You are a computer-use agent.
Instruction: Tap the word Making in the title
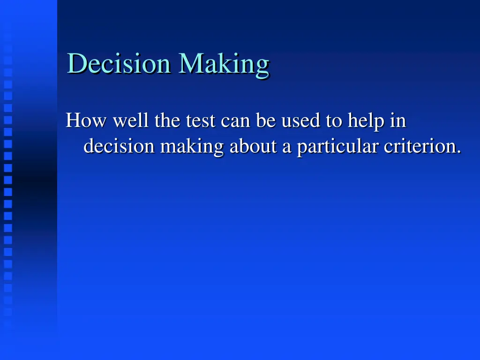[x=223, y=64]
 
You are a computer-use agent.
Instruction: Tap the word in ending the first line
[x=398, y=121]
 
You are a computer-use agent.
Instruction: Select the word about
[x=254, y=147]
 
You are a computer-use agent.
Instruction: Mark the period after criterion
[x=458, y=152]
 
